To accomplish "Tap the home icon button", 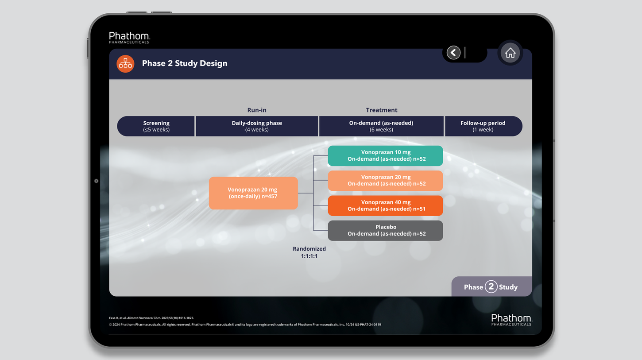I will pyautogui.click(x=510, y=53).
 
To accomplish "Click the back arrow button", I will pyautogui.click(x=453, y=53).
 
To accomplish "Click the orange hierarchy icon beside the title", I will pyautogui.click(x=125, y=64).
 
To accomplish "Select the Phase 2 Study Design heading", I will pyautogui.click(x=185, y=63).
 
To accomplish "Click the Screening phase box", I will pyautogui.click(x=156, y=126).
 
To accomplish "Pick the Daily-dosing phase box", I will pyautogui.click(x=257, y=126).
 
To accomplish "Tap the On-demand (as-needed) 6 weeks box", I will pyautogui.click(x=381, y=126).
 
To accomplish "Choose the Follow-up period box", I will pyautogui.click(x=483, y=126).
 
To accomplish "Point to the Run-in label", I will pyautogui.click(x=257, y=110).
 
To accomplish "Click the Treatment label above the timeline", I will pyautogui.click(x=381, y=110).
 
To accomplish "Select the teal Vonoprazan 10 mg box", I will pyautogui.click(x=385, y=155).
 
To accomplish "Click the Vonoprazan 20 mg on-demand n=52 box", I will pyautogui.click(x=385, y=181).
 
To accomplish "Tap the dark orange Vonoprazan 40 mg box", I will pyautogui.click(x=385, y=205).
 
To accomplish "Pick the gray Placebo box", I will pyautogui.click(x=385, y=230).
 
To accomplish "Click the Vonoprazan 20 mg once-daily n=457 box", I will pyautogui.click(x=253, y=193).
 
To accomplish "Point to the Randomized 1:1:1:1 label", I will pyautogui.click(x=309, y=252).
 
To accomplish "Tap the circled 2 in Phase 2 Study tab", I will pyautogui.click(x=491, y=286).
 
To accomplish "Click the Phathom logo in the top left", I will pyautogui.click(x=129, y=37).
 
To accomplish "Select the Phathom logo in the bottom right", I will pyautogui.click(x=511, y=320).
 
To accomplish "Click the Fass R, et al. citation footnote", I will pyautogui.click(x=151, y=318).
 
